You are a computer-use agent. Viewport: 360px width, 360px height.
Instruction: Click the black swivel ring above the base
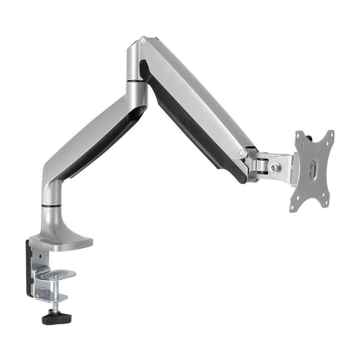[51, 206]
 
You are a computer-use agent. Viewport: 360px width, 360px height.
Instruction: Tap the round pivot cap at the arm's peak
[143, 41]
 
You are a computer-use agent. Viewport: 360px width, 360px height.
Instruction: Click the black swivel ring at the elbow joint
[137, 82]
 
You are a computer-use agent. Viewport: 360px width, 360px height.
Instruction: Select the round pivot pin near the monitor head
[242, 153]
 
